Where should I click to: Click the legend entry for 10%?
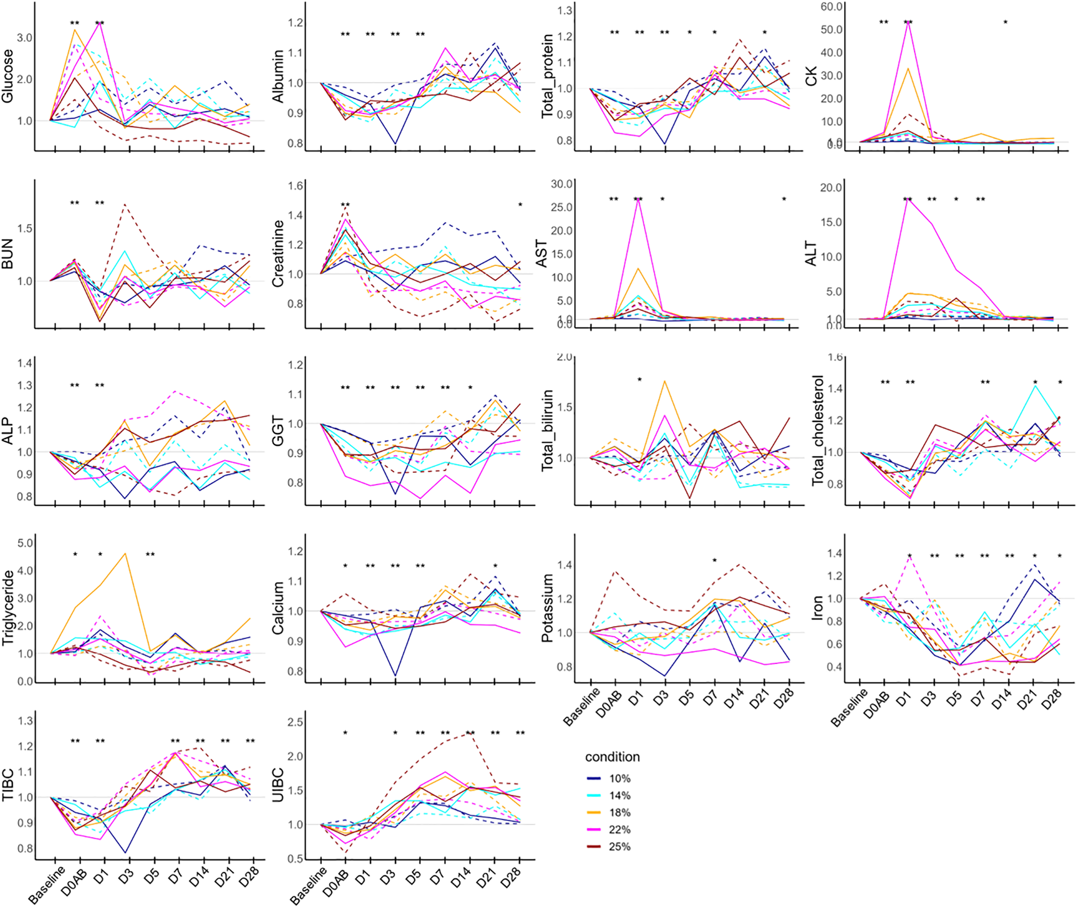[x=619, y=779]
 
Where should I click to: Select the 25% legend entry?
[x=619, y=847]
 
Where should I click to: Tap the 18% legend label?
[x=619, y=813]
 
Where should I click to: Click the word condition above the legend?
[x=612, y=757]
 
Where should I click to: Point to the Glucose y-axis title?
[x=8, y=76]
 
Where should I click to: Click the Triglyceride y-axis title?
[x=8, y=608]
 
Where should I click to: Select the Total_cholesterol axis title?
[x=818, y=431]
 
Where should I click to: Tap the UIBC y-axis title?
[x=278, y=785]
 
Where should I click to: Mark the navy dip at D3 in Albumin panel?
[x=395, y=144]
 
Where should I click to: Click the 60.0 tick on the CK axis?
[x=831, y=7]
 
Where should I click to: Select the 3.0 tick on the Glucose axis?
[x=24, y=38]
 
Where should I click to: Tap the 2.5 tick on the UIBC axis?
[x=295, y=722]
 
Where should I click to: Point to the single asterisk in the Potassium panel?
[x=715, y=561]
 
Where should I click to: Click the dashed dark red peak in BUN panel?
[x=126, y=205]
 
